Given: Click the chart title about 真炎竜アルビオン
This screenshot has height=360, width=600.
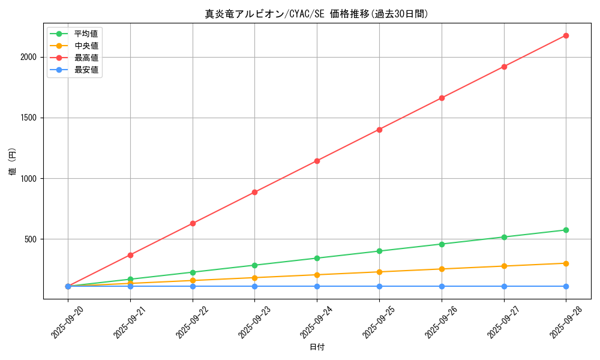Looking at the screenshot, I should [317, 14].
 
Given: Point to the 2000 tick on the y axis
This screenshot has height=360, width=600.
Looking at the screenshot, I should [29, 57].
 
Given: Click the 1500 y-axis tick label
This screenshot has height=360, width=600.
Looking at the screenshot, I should [29, 118].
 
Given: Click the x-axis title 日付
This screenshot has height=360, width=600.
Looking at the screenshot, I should [317, 347].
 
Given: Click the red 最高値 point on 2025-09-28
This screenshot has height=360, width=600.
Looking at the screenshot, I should [566, 35].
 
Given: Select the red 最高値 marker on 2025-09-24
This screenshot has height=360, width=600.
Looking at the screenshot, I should [317, 161].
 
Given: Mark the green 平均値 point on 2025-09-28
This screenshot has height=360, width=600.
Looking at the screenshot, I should [566, 230].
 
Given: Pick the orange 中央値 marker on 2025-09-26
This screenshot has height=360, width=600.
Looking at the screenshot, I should [442, 269].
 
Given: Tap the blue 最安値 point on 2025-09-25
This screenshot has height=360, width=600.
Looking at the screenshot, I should [379, 286].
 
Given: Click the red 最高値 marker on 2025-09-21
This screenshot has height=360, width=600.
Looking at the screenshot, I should [130, 255].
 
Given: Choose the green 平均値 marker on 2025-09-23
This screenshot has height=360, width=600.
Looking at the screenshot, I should [254, 265].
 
